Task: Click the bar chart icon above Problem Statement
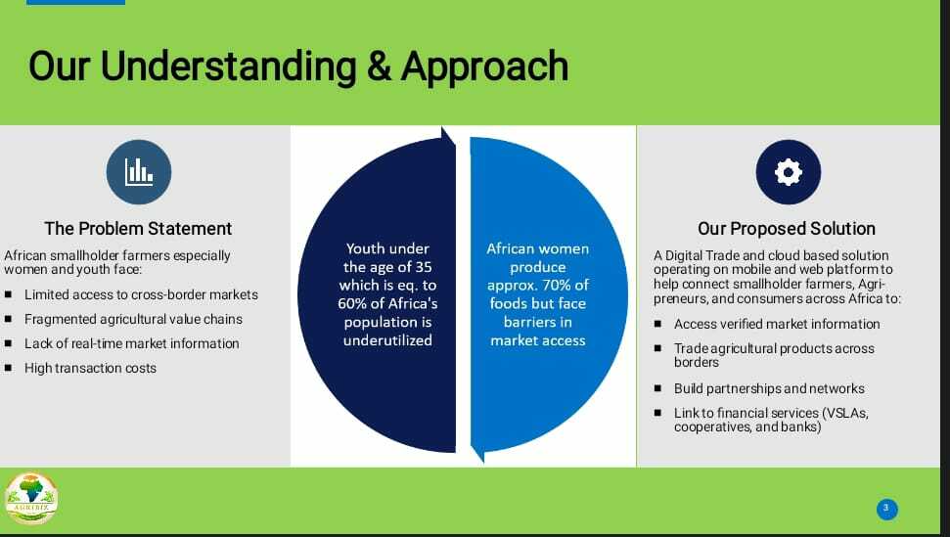139,172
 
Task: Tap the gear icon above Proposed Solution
789,172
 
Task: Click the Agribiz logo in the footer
31,498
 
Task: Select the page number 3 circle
886,510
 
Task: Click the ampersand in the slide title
379,66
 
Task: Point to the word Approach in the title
484,67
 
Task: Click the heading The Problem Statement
138,228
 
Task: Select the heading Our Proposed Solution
787,228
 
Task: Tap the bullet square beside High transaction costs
9,368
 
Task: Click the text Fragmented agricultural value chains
133,319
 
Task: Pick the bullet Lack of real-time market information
131,343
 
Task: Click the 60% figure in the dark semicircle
351,303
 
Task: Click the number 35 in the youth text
423,267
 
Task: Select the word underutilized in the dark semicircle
387,340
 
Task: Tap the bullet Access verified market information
777,324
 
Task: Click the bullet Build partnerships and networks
769,388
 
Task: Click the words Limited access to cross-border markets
141,294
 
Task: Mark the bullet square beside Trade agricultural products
658,348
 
